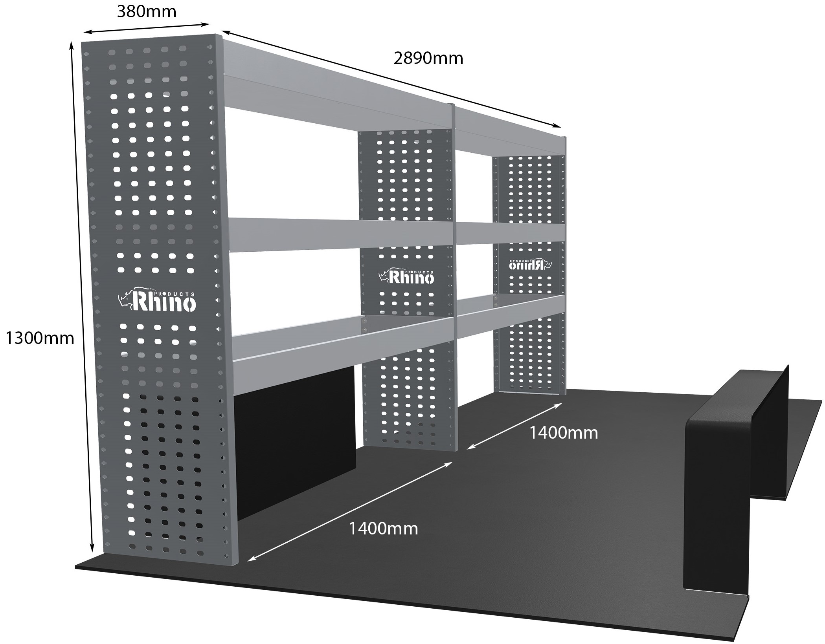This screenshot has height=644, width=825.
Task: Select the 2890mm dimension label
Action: coord(428,59)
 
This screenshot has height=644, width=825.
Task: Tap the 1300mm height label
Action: coord(40,338)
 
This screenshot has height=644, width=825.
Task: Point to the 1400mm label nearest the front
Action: coord(383,529)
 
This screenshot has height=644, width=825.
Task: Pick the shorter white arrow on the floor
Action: coord(514,426)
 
